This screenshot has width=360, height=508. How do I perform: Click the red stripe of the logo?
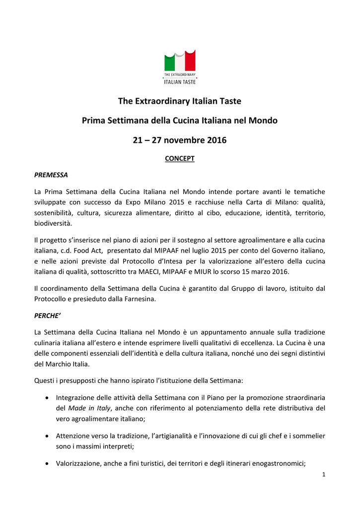pos(190,62)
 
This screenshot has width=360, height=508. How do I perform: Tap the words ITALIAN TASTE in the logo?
pos(180,82)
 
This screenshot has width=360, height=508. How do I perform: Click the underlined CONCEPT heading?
pos(180,159)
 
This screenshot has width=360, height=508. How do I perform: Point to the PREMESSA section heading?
pos(51,175)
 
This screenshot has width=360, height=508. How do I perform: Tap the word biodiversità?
pos(53,224)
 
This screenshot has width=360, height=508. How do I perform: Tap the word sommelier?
pos(309,436)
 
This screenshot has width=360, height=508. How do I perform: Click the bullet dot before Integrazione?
pos(46,397)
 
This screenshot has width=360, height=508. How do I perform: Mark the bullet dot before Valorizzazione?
pos(46,464)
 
